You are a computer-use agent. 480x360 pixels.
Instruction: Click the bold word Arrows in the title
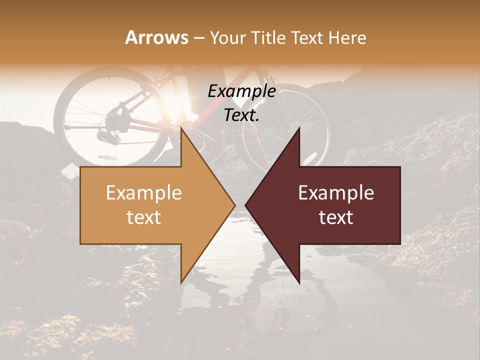[x=156, y=37]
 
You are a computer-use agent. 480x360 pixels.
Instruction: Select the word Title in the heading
[x=271, y=37]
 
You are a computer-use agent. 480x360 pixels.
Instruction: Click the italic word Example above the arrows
[x=242, y=91]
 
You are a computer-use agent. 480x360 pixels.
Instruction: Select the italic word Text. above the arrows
[x=242, y=115]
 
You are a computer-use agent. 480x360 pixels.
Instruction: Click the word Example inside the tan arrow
[x=144, y=193]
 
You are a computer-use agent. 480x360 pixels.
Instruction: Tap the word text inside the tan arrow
[x=144, y=217]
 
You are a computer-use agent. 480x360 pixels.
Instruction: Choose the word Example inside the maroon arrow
[x=336, y=193]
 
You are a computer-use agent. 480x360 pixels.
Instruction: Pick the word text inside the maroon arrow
[x=336, y=217]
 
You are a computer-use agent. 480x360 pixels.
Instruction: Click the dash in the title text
[x=198, y=38]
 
